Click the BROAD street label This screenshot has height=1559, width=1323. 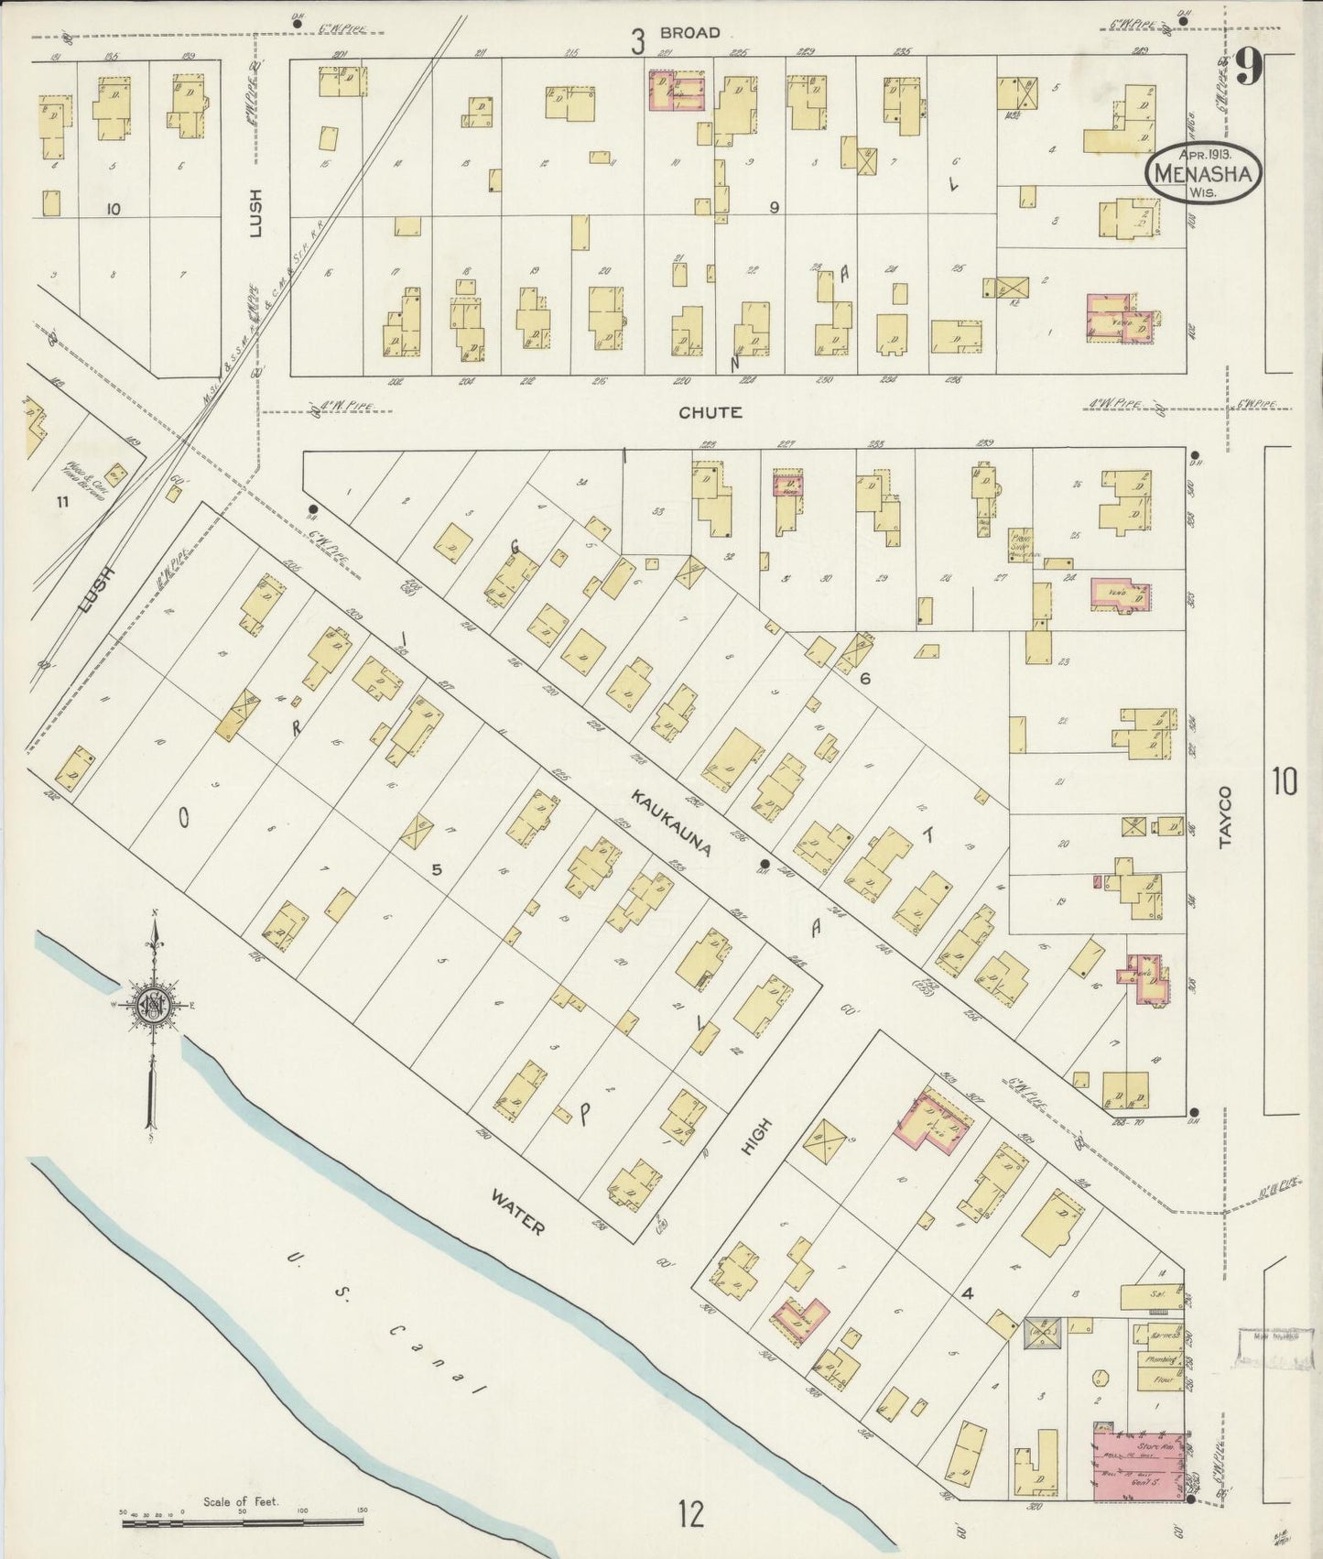pos(700,33)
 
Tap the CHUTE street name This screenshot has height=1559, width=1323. pos(710,413)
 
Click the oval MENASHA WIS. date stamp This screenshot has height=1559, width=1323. pos(1204,172)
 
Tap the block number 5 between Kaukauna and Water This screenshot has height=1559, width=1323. pos(437,869)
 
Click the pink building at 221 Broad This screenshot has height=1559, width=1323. pos(678,92)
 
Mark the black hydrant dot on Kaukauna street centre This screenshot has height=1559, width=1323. pos(765,864)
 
